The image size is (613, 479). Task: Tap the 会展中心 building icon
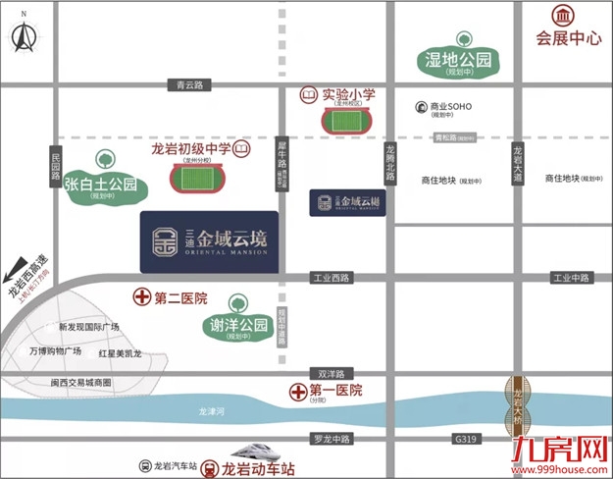563,16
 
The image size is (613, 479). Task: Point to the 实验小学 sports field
345,122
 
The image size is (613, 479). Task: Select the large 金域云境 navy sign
210,241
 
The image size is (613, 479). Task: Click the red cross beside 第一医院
299,391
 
